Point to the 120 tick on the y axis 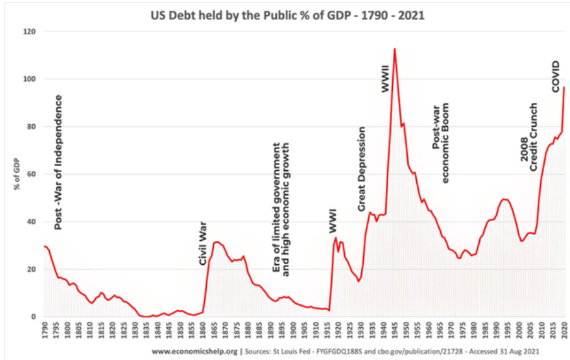tap(29, 32)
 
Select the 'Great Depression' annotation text tap(362, 169)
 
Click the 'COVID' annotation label tap(555, 76)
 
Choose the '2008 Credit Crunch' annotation tap(528, 137)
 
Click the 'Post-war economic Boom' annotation tap(441, 143)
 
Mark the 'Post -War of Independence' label tap(59, 162)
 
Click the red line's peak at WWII tap(394, 49)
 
